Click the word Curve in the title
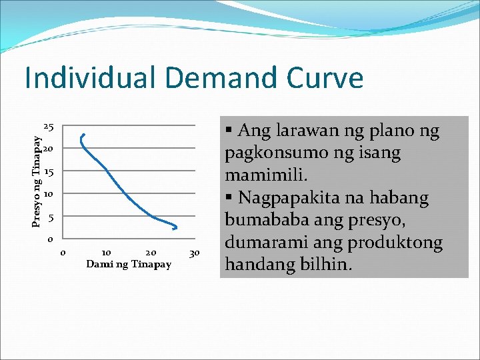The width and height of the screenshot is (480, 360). [325, 78]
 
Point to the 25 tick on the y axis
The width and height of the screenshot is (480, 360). [49, 126]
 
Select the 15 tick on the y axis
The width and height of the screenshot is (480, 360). [49, 172]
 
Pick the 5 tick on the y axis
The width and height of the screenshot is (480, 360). [51, 218]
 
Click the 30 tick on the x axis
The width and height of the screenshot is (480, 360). [195, 253]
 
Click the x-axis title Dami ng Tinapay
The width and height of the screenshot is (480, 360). [129, 265]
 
